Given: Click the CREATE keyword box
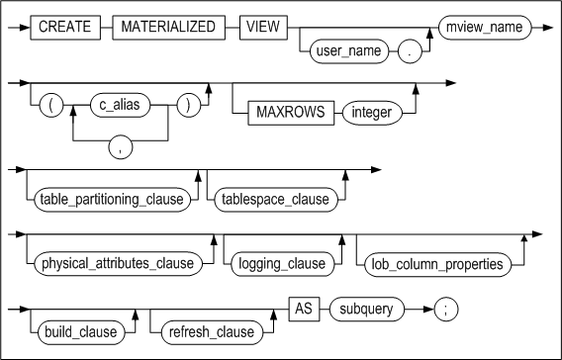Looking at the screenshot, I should [66, 27].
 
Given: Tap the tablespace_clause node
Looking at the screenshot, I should [274, 200].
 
